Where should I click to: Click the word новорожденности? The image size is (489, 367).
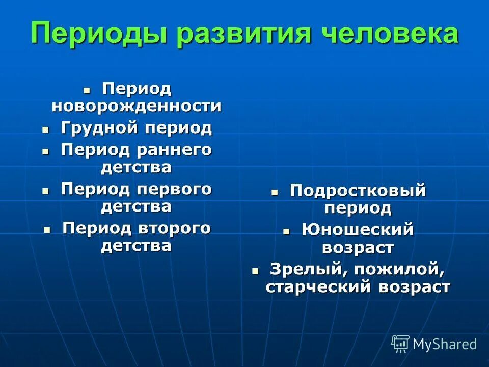tap(137, 106)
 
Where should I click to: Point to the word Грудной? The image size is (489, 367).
tap(98, 128)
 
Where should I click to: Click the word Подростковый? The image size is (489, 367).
tap(358, 191)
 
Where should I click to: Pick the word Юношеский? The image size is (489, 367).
tap(358, 230)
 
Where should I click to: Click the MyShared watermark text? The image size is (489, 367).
tap(445, 344)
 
